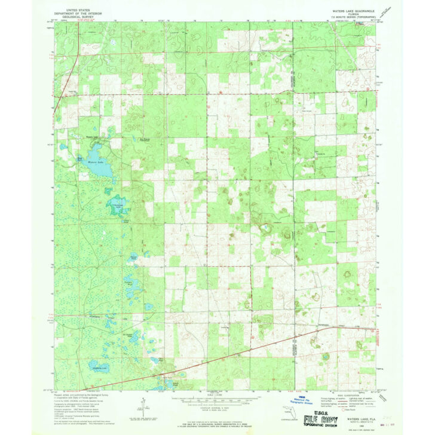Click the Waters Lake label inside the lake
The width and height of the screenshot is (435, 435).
tap(96, 162)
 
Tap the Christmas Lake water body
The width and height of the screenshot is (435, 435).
tap(118, 207)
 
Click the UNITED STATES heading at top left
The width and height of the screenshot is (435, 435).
tap(81, 10)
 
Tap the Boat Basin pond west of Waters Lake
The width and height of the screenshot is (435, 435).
tap(79, 159)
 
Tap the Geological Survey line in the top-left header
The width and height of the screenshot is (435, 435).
tap(81, 18)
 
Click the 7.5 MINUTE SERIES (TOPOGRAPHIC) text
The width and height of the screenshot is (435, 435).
tap(354, 18)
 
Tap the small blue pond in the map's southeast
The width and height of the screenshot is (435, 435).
tap(326, 357)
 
